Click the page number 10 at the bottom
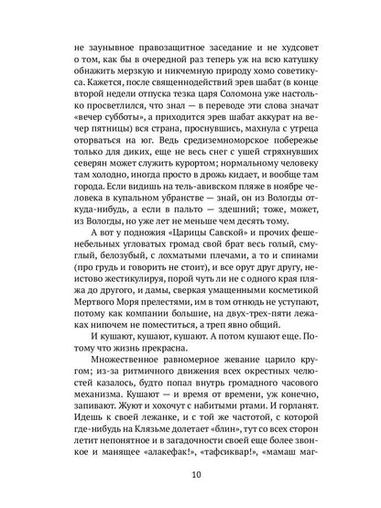click(x=190, y=474)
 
